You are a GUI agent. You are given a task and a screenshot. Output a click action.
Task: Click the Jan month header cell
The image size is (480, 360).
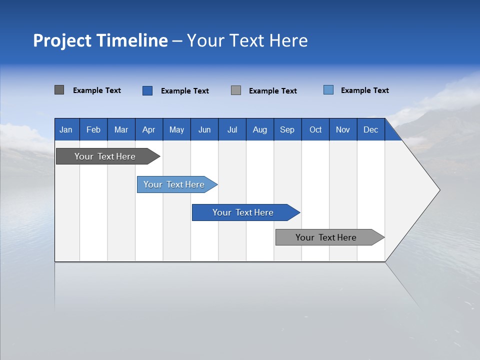click(x=66, y=129)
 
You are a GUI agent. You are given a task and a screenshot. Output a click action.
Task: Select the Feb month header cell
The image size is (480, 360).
click(x=93, y=129)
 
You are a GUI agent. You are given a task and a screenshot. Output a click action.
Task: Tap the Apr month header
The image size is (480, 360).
click(x=149, y=129)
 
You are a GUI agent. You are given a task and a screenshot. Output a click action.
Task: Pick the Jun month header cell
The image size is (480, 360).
click(x=204, y=129)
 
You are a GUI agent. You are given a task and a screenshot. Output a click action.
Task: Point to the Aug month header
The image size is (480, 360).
click(x=260, y=129)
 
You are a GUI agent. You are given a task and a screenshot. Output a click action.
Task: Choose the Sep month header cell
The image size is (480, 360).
click(x=287, y=129)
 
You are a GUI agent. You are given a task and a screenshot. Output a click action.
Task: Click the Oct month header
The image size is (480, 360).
click(x=315, y=129)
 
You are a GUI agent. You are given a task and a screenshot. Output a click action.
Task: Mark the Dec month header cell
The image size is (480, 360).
click(x=371, y=129)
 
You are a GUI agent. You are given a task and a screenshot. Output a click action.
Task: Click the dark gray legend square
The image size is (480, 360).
click(x=59, y=90)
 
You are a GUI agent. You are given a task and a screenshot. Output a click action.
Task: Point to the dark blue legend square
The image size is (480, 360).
click(x=147, y=90)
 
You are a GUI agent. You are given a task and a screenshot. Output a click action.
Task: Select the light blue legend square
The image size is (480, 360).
click(x=328, y=90)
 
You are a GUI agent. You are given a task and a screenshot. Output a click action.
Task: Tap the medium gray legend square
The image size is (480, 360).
click(x=236, y=90)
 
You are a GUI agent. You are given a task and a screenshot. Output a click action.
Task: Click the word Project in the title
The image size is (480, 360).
click(x=62, y=40)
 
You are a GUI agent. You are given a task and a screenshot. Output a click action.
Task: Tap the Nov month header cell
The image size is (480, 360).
click(x=343, y=129)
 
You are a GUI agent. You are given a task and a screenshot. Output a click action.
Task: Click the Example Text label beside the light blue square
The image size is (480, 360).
click(x=364, y=90)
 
